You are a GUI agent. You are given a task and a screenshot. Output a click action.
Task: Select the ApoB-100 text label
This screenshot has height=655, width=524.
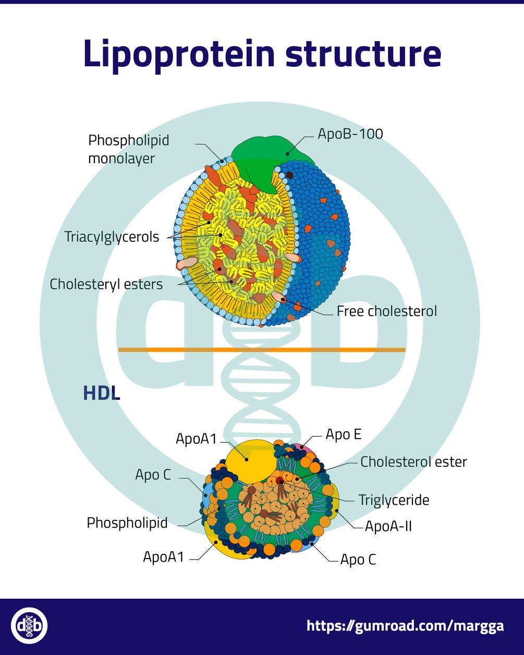click(350, 134)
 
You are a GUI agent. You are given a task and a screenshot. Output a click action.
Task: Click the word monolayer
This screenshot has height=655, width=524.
click(121, 159)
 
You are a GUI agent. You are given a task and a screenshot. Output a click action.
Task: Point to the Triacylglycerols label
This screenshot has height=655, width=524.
click(112, 237)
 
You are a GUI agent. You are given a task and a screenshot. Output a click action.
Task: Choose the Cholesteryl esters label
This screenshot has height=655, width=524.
click(106, 284)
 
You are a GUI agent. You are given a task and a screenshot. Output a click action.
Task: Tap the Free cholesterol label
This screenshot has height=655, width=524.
click(386, 311)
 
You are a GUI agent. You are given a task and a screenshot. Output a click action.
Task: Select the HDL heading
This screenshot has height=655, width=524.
click(101, 393)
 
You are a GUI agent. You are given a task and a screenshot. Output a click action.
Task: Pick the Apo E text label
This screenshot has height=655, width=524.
click(343, 434)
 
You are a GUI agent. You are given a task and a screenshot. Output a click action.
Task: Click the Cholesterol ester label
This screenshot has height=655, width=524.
click(413, 462)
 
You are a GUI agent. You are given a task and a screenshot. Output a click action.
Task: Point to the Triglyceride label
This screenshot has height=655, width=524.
click(394, 500)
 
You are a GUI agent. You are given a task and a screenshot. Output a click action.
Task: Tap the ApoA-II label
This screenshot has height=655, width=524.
click(388, 526)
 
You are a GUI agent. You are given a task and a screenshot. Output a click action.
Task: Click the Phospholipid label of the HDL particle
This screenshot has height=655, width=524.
click(127, 523)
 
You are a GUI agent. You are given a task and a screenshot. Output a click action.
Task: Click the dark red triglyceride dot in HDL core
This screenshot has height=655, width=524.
click(281, 480)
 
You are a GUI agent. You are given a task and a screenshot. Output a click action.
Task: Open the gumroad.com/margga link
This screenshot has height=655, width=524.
click(405, 626)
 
